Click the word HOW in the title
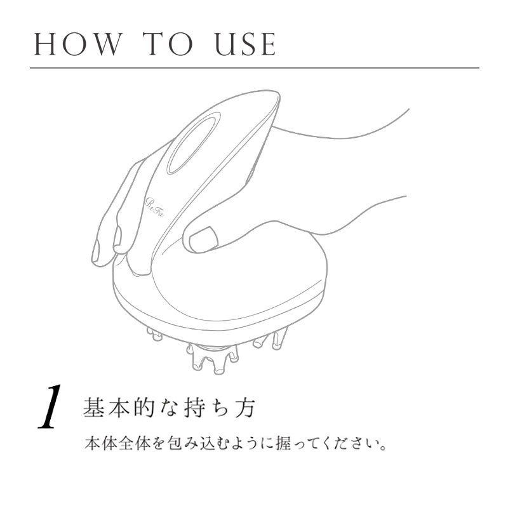click(77, 44)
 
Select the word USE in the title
click(245, 44)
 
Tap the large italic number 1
click(50, 407)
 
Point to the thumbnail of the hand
click(203, 239)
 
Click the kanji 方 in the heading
click(245, 407)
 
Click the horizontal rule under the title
click(255, 68)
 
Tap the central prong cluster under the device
click(212, 359)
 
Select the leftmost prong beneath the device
click(154, 334)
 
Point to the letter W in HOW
click(104, 44)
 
